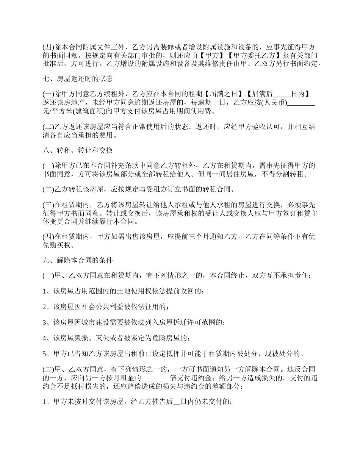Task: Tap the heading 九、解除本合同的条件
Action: click(x=78, y=261)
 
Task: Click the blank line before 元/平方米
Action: click(x=302, y=103)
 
